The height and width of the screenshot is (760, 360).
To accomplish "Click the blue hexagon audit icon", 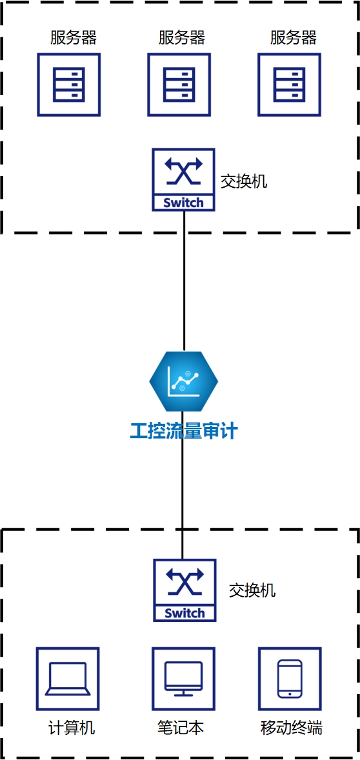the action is click(184, 381).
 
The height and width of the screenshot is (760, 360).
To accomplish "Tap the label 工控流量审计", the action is click(184, 431).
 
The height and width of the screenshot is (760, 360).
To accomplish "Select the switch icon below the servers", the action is click(184, 179).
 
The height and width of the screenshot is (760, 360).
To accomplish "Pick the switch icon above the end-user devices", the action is click(185, 590).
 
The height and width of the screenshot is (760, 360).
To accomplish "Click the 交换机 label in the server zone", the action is click(244, 182).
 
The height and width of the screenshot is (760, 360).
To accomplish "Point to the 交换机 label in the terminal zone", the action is click(252, 590).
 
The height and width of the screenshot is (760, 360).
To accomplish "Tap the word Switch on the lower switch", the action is click(185, 614).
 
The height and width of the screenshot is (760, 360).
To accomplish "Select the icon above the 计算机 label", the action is click(68, 679).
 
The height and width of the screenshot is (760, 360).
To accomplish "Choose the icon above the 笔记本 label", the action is click(184, 679).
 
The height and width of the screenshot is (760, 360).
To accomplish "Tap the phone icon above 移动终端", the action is click(290, 679).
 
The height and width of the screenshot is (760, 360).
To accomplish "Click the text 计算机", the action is click(72, 728).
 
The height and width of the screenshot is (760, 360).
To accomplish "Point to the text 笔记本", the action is click(181, 728).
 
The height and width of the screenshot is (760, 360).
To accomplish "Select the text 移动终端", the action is click(291, 728).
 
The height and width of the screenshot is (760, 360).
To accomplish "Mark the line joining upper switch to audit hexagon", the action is click(184, 281).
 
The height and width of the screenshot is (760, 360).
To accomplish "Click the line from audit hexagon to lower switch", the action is click(183, 485).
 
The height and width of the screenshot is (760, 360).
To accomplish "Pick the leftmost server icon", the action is click(69, 85).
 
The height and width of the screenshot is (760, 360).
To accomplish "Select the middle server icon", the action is click(179, 85).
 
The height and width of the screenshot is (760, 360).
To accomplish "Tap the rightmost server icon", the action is click(289, 85).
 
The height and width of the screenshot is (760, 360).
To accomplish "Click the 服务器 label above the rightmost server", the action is click(293, 37).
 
